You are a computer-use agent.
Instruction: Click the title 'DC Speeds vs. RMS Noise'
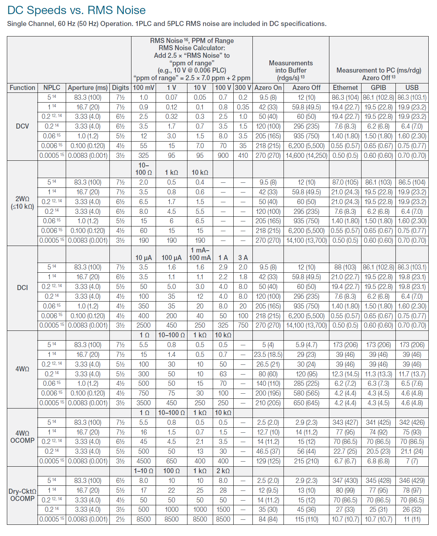click(x=77, y=10)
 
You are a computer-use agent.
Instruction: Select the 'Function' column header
click(x=22, y=88)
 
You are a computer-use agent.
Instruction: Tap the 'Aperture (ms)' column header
click(x=88, y=88)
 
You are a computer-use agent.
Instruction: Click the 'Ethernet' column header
click(x=345, y=88)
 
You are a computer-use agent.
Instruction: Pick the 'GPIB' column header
click(x=378, y=88)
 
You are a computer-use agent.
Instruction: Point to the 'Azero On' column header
click(x=268, y=88)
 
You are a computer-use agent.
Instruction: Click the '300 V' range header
click(x=243, y=88)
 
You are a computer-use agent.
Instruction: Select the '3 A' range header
click(x=243, y=258)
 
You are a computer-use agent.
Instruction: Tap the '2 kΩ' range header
click(x=223, y=471)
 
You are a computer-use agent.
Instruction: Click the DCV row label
click(x=22, y=126)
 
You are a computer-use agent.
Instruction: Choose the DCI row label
click(x=22, y=288)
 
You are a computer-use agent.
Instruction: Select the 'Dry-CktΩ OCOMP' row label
click(x=22, y=495)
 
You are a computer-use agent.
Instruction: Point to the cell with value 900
click(x=223, y=156)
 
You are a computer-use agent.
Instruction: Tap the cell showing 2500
click(x=144, y=325)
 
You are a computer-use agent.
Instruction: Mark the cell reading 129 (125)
click(x=268, y=461)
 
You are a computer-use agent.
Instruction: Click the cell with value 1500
click(x=223, y=510)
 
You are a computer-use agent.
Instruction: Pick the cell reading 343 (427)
click(x=345, y=423)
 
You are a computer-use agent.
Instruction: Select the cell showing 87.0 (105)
click(x=345, y=182)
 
